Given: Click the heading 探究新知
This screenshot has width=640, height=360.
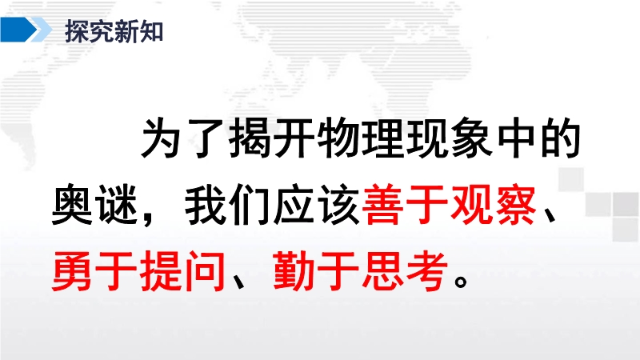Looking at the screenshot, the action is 114,31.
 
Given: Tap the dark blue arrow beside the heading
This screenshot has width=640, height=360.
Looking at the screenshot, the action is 18,30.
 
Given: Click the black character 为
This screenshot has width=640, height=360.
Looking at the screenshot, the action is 161,138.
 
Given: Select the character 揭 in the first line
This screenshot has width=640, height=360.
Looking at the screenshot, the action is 249,138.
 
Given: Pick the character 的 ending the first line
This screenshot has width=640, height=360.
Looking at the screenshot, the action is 561,138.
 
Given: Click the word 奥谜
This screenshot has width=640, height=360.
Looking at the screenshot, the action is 94,205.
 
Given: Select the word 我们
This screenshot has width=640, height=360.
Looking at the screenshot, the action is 227,205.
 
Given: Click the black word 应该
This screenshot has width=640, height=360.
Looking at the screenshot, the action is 315,205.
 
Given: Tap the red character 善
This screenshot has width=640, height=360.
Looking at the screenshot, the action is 382,205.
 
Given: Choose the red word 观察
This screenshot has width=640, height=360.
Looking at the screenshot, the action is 493,205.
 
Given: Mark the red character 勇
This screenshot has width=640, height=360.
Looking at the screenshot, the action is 72,271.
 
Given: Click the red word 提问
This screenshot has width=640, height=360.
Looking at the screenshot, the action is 183,271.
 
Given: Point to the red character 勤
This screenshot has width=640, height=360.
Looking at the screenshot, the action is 294,271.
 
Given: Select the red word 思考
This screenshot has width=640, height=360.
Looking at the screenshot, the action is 404,271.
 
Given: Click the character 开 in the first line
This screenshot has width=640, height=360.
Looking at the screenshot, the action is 294,138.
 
